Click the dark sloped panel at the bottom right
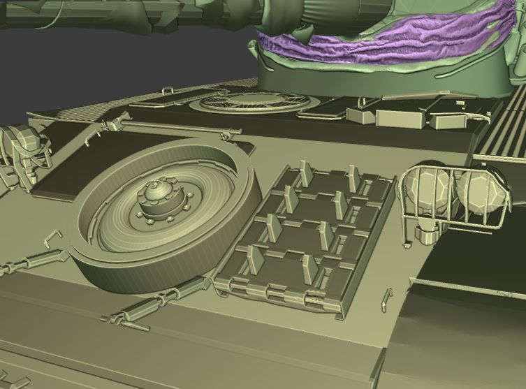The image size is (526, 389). (461, 328)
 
